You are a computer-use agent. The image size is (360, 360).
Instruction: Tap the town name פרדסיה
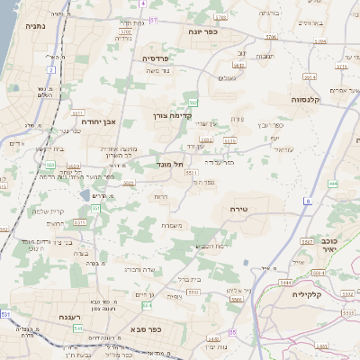coord(161,58)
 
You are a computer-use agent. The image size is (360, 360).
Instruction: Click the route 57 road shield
coord(154,19)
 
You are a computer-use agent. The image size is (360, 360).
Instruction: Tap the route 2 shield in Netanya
coord(51,69)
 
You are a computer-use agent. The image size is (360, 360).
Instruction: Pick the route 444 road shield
coord(333,184)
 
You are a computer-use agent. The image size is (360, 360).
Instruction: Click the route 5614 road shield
coord(309,77)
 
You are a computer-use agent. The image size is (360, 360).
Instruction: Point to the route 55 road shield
coord(231,334)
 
